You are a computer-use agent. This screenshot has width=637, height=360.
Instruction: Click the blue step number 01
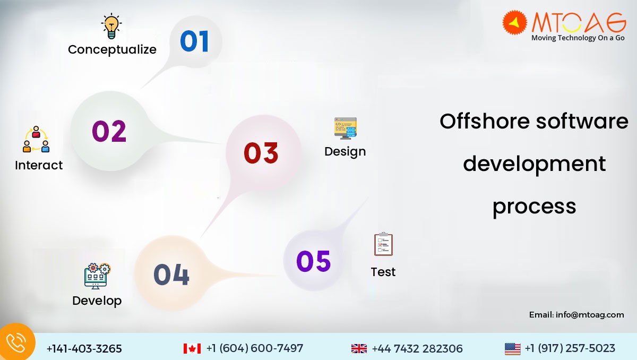pos(195,41)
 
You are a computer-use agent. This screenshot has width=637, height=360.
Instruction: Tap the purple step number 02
pos(109,131)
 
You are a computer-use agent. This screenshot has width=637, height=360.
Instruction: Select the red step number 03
pos(261,153)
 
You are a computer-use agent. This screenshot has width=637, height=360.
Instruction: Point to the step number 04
pos(171,275)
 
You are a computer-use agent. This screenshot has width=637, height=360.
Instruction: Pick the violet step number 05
pos(313,261)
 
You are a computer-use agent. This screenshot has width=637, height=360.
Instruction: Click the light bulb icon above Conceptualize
pos(111,26)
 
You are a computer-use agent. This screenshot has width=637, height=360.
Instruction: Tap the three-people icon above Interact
pos(36,139)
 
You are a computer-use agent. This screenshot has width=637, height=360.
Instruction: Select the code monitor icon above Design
pos(346,128)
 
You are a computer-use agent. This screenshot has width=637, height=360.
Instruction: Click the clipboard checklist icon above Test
pos(383,244)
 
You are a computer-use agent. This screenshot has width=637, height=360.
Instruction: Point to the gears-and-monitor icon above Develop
pos(97,276)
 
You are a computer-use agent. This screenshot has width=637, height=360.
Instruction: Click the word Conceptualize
pos(112,49)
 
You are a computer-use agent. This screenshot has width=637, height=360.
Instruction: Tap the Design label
pos(345,152)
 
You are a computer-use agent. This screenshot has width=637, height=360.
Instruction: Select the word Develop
pos(97,301)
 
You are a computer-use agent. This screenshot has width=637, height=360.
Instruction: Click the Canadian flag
pos(192,348)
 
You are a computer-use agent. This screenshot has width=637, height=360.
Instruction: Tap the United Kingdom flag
pos(359,348)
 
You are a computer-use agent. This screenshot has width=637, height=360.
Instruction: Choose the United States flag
pos(512,349)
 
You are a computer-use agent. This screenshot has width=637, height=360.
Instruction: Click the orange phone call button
pos(16,342)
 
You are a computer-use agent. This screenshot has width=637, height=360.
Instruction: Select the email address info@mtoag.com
pos(590,315)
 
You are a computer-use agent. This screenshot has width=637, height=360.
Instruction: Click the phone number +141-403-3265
pos(84,349)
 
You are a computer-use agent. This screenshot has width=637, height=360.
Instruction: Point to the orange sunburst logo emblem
pos(514,22)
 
